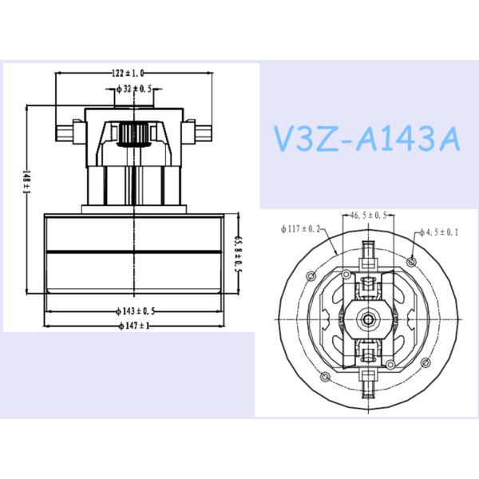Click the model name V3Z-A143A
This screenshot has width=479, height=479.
(x=366, y=140)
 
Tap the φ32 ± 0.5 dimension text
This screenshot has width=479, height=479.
(x=129, y=89)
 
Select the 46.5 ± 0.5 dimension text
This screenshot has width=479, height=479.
(x=370, y=216)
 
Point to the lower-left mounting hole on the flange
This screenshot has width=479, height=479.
(x=324, y=375)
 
